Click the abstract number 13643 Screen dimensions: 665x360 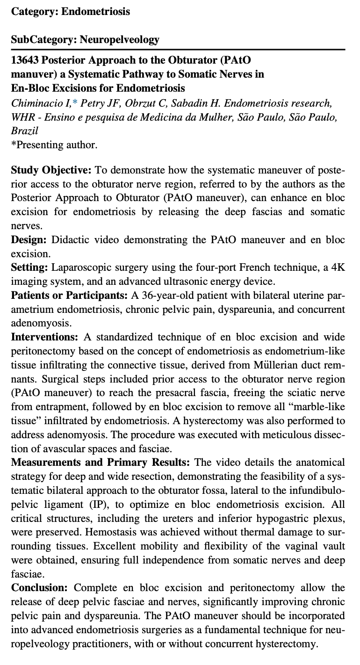point(24,60)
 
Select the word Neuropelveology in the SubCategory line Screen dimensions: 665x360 point(120,39)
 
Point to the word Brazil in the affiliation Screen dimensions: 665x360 point(24,131)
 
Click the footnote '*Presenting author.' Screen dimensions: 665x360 point(54,145)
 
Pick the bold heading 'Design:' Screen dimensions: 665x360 point(29,240)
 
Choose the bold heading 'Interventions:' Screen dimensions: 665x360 point(45,337)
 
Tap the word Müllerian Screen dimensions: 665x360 point(266,365)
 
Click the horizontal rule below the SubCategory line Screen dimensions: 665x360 point(178,50)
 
